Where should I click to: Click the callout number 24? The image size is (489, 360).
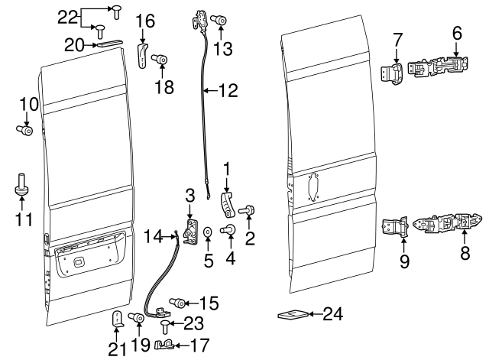click(x=332, y=313)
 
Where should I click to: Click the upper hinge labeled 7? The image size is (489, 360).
click(x=396, y=73)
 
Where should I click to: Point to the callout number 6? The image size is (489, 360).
click(x=457, y=33)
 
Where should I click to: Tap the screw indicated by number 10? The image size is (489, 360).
click(x=24, y=131)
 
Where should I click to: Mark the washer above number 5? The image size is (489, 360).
click(x=208, y=230)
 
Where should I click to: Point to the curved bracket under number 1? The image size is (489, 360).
click(x=226, y=205)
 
